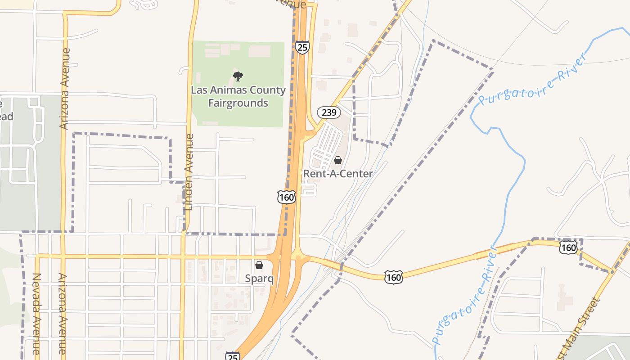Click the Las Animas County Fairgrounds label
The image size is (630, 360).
[x=238, y=96]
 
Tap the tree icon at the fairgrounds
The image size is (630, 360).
[x=238, y=76]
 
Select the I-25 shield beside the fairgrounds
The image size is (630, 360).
[x=302, y=47]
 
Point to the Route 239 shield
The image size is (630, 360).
[x=329, y=112]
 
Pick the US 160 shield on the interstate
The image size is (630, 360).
[x=286, y=197]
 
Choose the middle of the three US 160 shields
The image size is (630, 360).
[x=393, y=277]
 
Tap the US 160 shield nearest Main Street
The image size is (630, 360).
[x=568, y=247]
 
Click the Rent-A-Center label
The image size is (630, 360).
[x=338, y=174]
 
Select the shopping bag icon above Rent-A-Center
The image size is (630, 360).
[x=338, y=160]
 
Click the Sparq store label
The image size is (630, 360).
[x=259, y=279]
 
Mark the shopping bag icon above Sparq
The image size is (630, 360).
[x=259, y=265]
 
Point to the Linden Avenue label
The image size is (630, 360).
[x=189, y=172]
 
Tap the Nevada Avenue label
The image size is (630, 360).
[x=36, y=313]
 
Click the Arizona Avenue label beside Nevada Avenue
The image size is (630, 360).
[x=62, y=313]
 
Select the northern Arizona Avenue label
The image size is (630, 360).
[x=65, y=89]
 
